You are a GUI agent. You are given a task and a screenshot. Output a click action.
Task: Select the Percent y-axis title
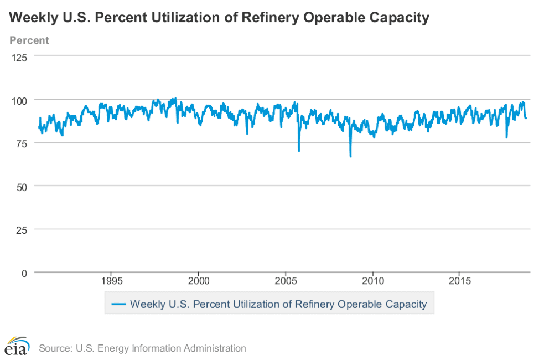click(x=29, y=40)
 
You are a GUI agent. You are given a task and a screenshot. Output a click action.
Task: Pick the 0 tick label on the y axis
click(x=24, y=273)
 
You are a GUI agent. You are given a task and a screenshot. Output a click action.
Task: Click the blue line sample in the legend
click(x=119, y=304)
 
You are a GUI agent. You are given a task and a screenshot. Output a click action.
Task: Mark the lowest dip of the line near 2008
click(x=350, y=156)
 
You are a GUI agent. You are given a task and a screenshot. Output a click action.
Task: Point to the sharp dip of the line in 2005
click(x=299, y=150)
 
